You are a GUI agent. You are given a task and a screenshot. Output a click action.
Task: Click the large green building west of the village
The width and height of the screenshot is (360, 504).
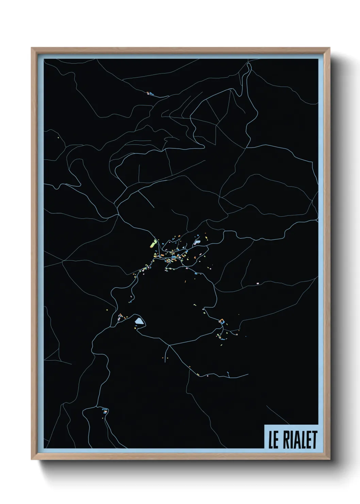point(152,243)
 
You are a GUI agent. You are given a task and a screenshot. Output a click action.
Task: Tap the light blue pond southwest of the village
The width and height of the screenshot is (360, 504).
point(139,321)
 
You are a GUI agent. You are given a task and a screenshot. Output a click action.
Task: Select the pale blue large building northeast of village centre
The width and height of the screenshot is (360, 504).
point(197,242)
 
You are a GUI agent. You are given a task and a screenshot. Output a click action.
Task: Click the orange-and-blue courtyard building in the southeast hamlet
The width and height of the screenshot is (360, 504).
point(222,321)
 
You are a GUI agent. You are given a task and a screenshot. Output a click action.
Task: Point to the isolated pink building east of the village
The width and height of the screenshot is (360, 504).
point(258,283)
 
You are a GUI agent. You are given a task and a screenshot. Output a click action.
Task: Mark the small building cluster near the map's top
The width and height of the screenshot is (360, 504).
point(150,93)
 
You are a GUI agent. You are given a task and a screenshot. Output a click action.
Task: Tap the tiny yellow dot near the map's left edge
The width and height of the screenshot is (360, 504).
point(59,138)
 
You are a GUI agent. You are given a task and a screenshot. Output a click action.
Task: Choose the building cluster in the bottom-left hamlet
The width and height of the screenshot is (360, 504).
point(105,411)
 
